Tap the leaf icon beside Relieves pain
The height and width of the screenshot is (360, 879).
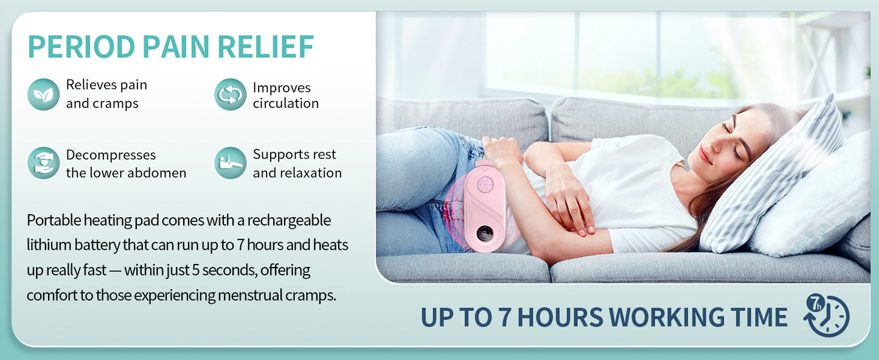tap(43, 94)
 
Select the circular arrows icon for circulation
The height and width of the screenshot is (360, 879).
tap(230, 95)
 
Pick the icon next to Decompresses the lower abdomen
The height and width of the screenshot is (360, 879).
tap(43, 164)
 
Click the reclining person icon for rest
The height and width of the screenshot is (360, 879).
tap(230, 164)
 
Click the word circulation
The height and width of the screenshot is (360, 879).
tap(285, 104)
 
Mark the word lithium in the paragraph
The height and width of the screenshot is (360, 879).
tap(47, 245)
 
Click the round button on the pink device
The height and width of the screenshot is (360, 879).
tap(485, 185)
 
